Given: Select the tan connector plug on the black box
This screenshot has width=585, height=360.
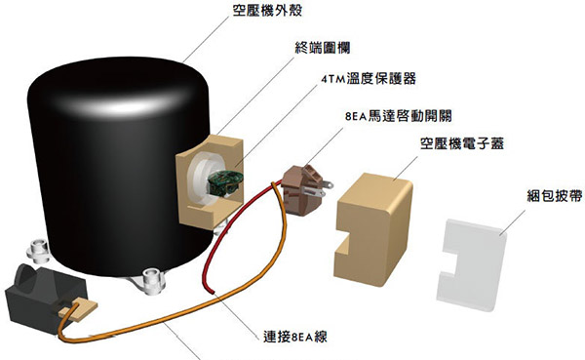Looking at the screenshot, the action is coord(79,310).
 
